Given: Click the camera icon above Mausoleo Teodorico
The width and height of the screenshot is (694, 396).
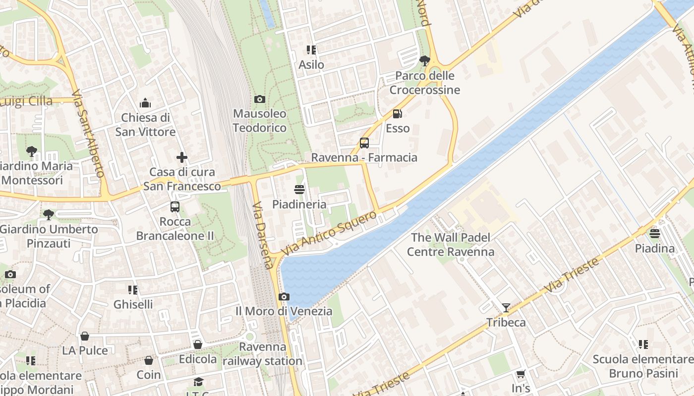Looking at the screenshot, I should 259,99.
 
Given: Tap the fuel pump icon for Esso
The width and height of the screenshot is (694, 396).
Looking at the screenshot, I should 397,114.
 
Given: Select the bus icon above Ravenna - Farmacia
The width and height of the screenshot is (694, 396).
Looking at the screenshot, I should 364,143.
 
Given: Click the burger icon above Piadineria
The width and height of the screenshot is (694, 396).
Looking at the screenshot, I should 299,190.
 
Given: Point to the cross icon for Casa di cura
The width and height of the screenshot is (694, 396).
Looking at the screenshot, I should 182,157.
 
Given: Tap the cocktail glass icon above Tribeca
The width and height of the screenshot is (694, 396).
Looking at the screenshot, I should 506,308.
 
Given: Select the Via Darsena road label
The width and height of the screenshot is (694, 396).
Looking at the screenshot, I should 263,235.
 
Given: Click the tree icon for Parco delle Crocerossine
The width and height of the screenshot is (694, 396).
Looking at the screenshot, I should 424,61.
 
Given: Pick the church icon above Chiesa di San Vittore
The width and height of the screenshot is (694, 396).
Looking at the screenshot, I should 145,103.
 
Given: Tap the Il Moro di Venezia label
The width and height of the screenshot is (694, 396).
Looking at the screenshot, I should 284,311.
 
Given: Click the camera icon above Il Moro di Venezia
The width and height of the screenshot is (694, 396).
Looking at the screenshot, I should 284,297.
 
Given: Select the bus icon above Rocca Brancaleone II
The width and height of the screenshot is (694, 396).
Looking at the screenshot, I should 175,207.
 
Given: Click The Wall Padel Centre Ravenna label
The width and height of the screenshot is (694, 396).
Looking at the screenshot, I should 451,245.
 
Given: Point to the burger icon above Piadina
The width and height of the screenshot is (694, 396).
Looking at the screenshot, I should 655,234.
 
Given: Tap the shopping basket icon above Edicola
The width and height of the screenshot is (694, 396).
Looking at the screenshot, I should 197,345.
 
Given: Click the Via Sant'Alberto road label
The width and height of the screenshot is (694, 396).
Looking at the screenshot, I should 87,134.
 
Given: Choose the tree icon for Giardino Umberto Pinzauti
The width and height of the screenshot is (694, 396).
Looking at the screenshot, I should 48,215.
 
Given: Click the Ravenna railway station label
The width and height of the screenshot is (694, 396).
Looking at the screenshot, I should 262,354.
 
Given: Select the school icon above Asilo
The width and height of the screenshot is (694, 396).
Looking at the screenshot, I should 311,50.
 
